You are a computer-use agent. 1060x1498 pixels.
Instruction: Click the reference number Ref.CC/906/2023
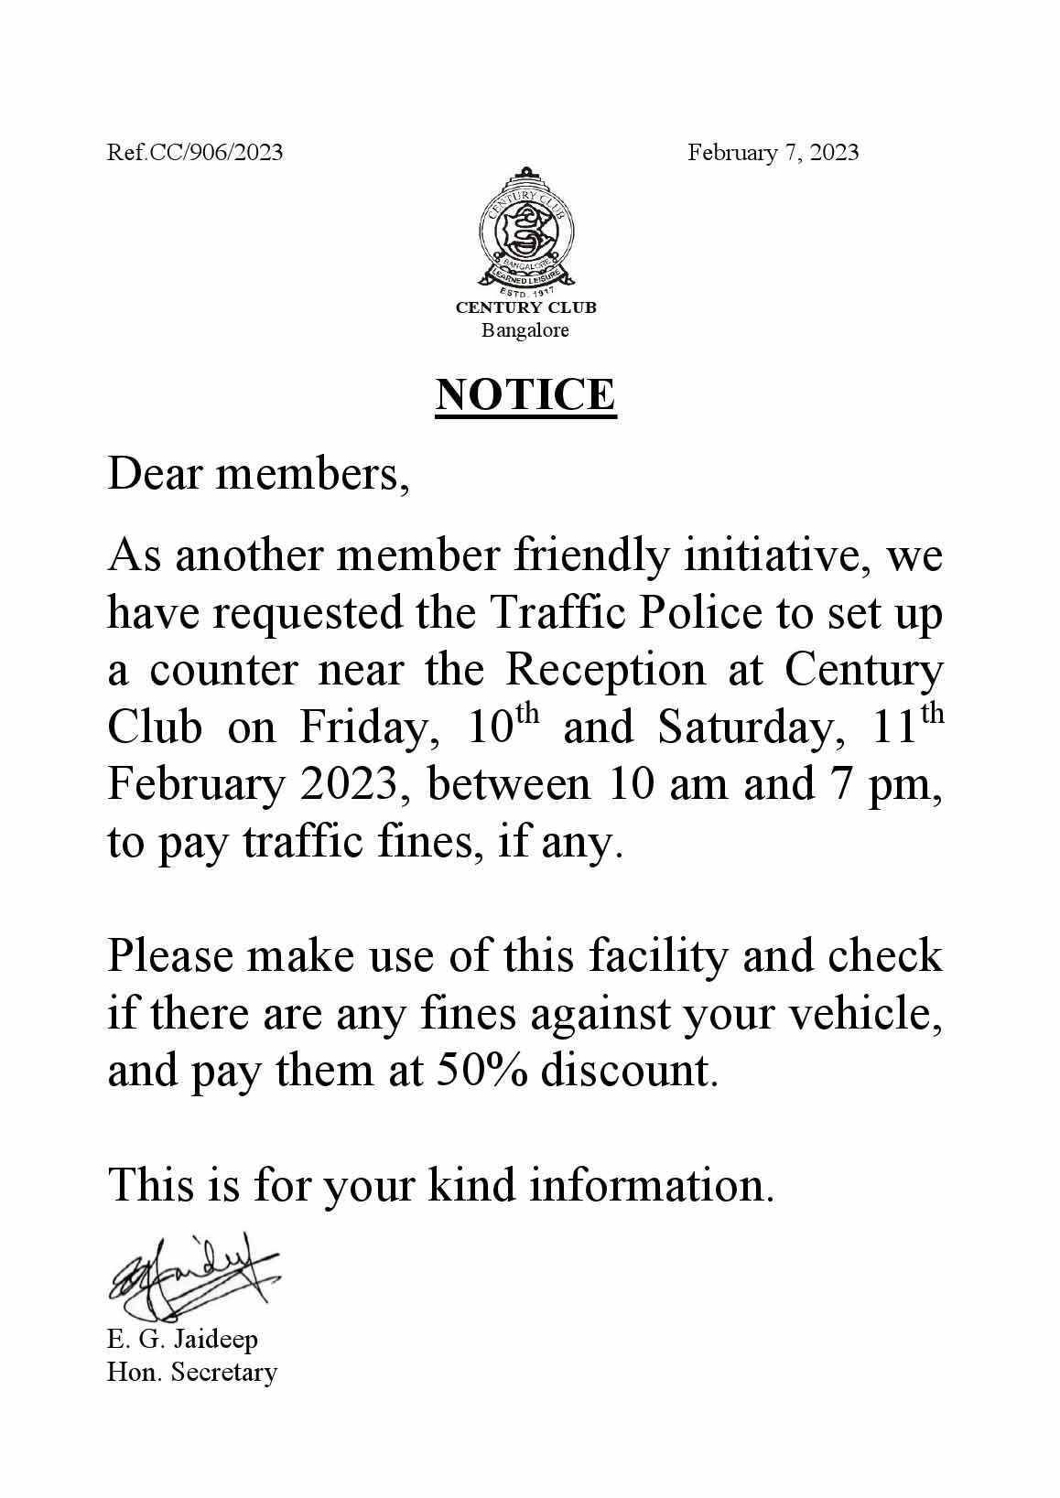[x=195, y=152]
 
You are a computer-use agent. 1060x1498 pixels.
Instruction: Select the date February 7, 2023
[x=773, y=152]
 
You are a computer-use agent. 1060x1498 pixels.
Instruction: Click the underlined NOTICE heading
[x=525, y=394]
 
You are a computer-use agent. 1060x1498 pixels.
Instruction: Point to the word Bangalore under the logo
[x=525, y=330]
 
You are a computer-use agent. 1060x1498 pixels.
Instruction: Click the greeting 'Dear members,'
[x=257, y=476]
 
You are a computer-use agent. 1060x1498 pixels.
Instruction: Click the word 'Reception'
[x=605, y=671]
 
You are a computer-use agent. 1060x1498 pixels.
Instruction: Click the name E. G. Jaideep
[x=182, y=1339]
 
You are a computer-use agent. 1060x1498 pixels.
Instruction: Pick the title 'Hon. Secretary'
[x=191, y=1373]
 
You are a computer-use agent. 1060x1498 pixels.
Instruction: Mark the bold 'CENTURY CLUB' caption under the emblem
[x=525, y=308]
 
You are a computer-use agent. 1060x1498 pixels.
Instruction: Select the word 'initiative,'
[x=777, y=556]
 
